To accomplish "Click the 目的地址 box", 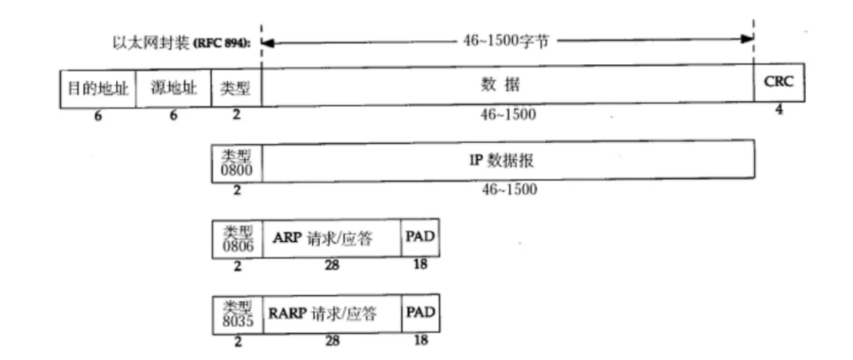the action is point(98,85).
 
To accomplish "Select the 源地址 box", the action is point(174,85).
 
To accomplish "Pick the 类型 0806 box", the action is point(236,239).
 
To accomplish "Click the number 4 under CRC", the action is point(779,110).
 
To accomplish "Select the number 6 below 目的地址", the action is point(98,115).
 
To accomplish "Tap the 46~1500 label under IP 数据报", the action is point(508,189).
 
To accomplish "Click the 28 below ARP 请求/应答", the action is point(331,266).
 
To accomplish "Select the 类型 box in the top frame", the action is point(236,85).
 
